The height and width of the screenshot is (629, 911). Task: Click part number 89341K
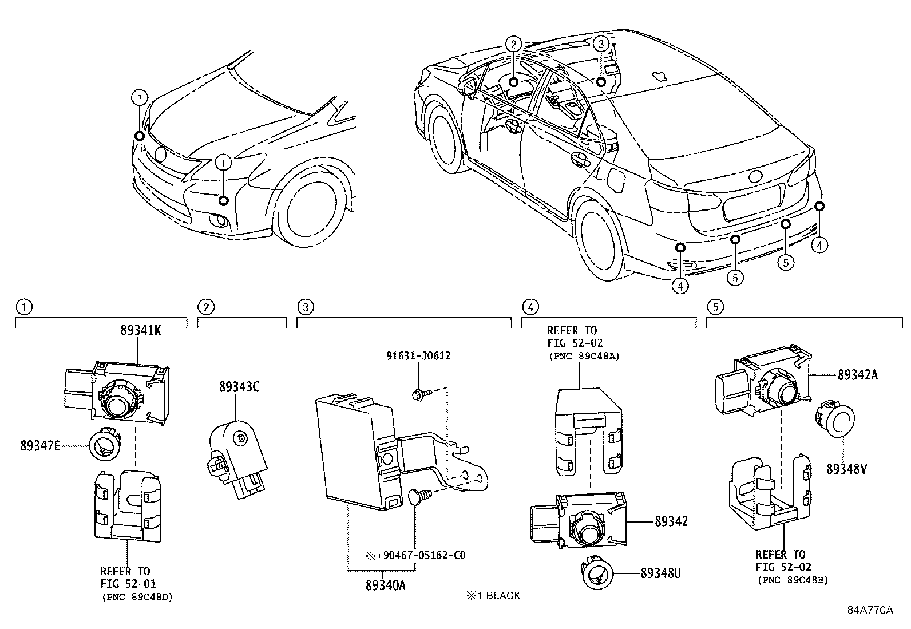140,330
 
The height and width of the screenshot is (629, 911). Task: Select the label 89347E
40,446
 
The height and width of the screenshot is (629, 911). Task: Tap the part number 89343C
239,387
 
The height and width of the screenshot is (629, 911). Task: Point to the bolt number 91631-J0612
417,355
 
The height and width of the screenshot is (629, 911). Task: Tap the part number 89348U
660,572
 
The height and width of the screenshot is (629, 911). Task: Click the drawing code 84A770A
870,610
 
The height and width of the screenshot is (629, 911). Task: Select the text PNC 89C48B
793,580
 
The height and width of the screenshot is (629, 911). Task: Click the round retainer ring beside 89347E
106,444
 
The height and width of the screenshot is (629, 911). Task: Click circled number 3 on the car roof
600,43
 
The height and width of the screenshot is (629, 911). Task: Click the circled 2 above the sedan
513,43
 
